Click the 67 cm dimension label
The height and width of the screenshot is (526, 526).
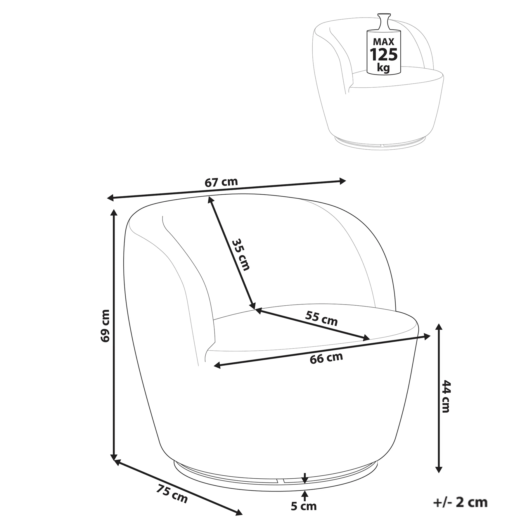tap(221, 182)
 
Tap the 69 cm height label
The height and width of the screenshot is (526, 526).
tap(105, 326)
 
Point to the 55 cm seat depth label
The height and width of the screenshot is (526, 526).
tap(321, 319)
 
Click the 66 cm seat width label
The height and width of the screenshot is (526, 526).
tap(326, 358)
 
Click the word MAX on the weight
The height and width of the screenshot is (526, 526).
tap(383, 41)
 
